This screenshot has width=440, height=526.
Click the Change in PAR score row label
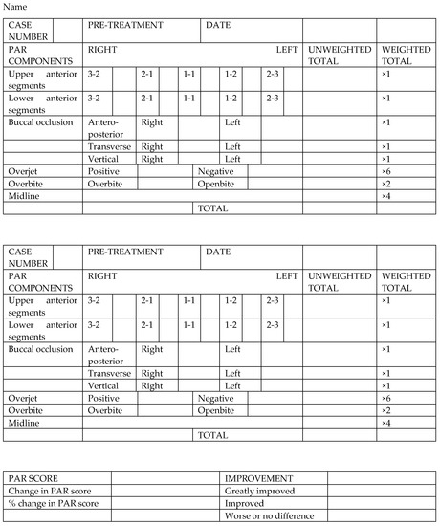(48, 490)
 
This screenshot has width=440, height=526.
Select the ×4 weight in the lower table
(386, 422)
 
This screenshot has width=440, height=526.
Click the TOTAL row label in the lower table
(212, 434)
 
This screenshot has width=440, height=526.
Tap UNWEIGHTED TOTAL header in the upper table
(337, 55)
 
